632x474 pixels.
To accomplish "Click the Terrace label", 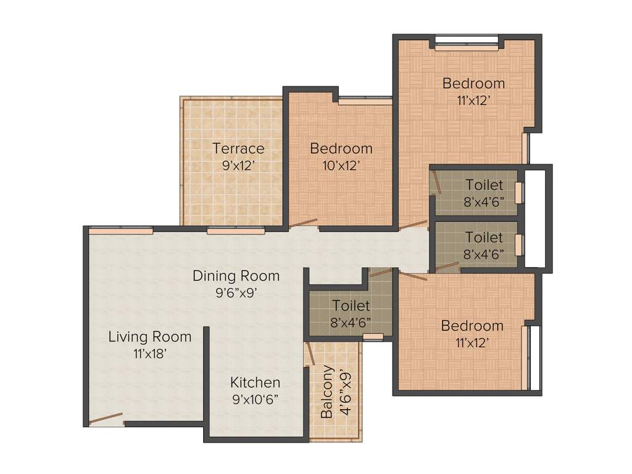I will click(238, 148).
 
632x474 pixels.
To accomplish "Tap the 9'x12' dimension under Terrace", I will click(238, 165).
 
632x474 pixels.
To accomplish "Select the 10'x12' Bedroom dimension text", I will click(341, 165).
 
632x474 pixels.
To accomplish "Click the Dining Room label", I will click(236, 275).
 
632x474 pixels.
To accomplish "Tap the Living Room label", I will click(150, 337).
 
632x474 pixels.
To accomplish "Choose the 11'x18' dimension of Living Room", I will click(150, 354).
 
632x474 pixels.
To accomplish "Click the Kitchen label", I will click(255, 382).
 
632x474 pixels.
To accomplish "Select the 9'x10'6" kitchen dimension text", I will click(255, 399).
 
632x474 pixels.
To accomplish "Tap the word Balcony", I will click(327, 392).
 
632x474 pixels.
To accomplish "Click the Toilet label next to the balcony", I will click(351, 306).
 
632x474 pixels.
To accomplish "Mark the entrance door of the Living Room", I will click(106, 420).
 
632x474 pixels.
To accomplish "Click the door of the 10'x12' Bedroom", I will click(303, 223).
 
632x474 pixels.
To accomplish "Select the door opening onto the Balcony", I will click(307, 355).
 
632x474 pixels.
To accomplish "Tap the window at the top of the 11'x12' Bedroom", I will click(466, 43).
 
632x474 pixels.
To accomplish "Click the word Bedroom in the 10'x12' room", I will click(341, 148).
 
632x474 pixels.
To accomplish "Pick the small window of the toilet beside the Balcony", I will click(373, 337).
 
